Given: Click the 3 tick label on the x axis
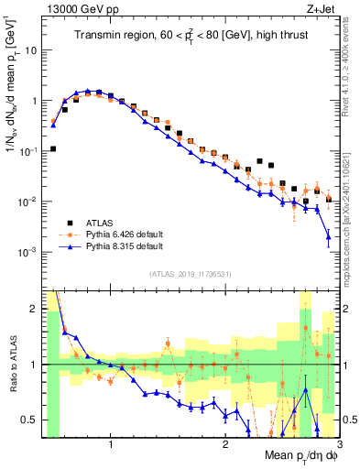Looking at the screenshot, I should coord(338,442).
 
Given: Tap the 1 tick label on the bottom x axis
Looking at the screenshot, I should coord(111,442).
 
